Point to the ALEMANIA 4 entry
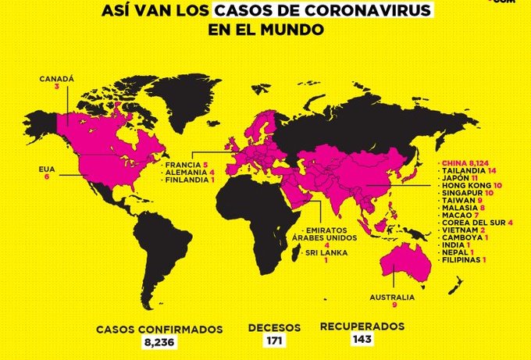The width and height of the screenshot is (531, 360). point(187,173)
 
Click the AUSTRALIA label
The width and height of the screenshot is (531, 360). point(392,297)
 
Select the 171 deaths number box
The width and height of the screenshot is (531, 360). point(273,340)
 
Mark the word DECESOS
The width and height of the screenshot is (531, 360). point(273,327)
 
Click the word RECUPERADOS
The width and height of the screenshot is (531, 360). point(362,326)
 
